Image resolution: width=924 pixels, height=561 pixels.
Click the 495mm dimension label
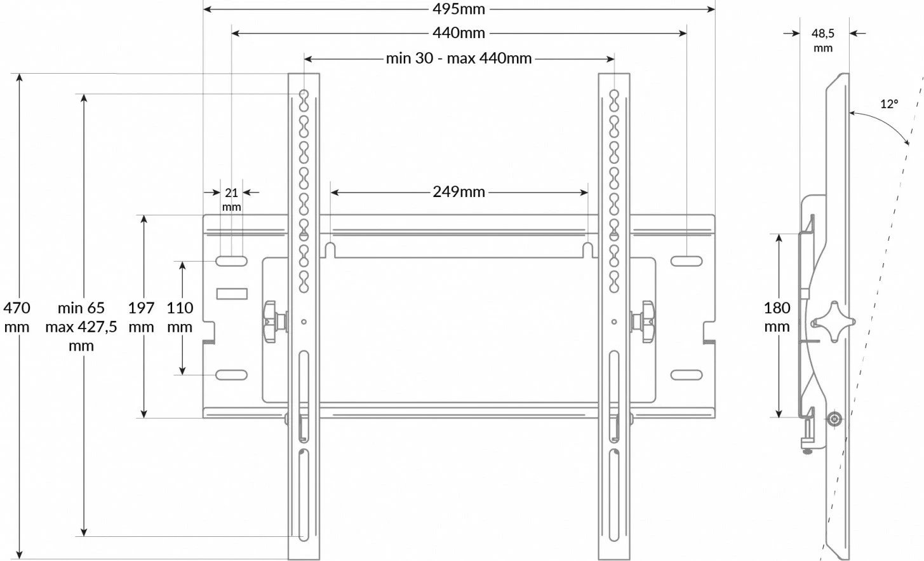459,9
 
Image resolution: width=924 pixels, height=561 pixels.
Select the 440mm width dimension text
459,32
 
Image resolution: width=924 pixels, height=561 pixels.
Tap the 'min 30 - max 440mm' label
459,58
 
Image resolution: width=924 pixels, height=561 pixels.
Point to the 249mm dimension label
459,191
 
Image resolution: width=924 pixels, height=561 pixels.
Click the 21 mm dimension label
231,199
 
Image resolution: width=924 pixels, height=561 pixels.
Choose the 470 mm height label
17,317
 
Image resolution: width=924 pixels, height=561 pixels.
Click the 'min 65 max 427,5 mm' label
81,327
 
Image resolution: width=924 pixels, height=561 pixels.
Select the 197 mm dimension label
141,317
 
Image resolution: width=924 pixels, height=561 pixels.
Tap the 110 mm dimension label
180,317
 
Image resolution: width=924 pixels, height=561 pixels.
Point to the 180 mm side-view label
777,317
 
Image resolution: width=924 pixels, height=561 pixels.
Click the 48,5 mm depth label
822,39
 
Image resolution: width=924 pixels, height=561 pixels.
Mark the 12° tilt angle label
889,104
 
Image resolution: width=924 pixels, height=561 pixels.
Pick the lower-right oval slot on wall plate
686,375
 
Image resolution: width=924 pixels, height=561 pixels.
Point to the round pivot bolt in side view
833,420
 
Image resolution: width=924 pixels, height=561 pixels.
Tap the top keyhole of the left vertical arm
304,97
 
